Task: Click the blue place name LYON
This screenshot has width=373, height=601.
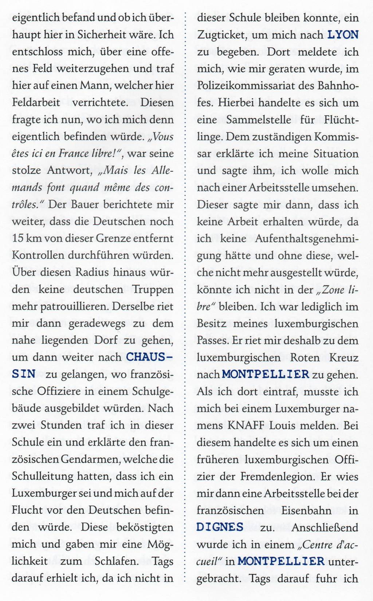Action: pyautogui.click(x=343, y=35)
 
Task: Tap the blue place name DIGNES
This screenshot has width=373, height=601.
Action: pyautogui.click(x=220, y=527)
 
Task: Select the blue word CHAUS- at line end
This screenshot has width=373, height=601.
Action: pyautogui.click(x=149, y=357)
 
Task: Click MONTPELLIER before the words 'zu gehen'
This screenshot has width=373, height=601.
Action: pyautogui.click(x=265, y=374)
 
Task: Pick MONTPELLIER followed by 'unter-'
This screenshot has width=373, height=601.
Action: pyautogui.click(x=281, y=561)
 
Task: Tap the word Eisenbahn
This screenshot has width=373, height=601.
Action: pyautogui.click(x=306, y=510)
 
